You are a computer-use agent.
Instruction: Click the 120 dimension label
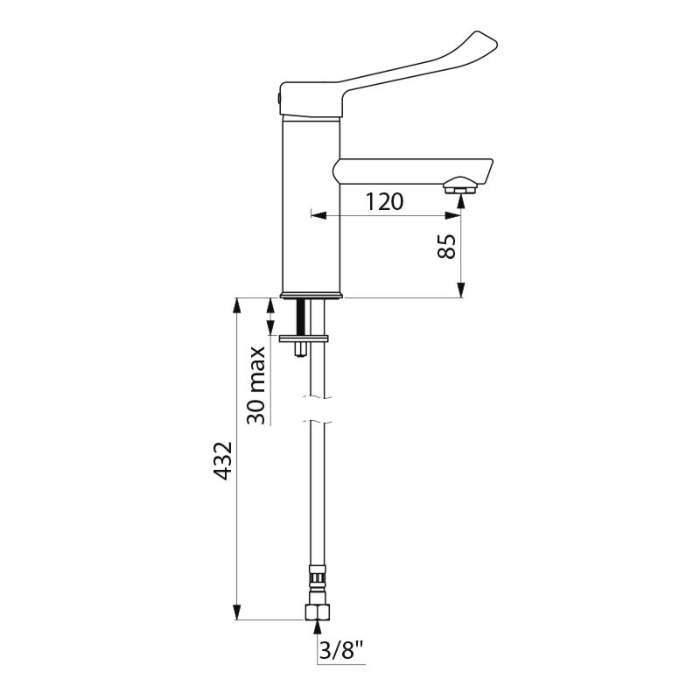[x=384, y=202]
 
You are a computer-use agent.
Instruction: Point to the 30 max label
[x=256, y=385]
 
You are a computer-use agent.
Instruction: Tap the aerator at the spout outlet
[x=461, y=186]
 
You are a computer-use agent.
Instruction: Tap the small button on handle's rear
[x=277, y=99]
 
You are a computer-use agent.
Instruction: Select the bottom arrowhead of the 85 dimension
[x=462, y=290]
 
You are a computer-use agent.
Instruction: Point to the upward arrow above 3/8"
[x=318, y=629]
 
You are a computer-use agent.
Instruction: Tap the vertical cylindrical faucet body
[x=310, y=206]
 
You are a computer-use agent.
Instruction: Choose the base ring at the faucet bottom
[x=311, y=295]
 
